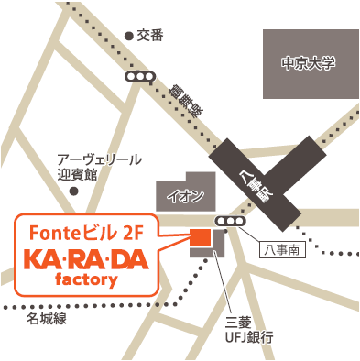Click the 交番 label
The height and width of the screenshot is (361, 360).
pyautogui.click(x=150, y=36)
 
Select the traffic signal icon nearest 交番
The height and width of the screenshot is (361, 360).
pyautogui.click(x=140, y=78)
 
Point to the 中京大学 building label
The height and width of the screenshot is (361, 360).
pyautogui.click(x=309, y=63)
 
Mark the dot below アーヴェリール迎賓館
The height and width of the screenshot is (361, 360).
pyautogui.click(x=74, y=191)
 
